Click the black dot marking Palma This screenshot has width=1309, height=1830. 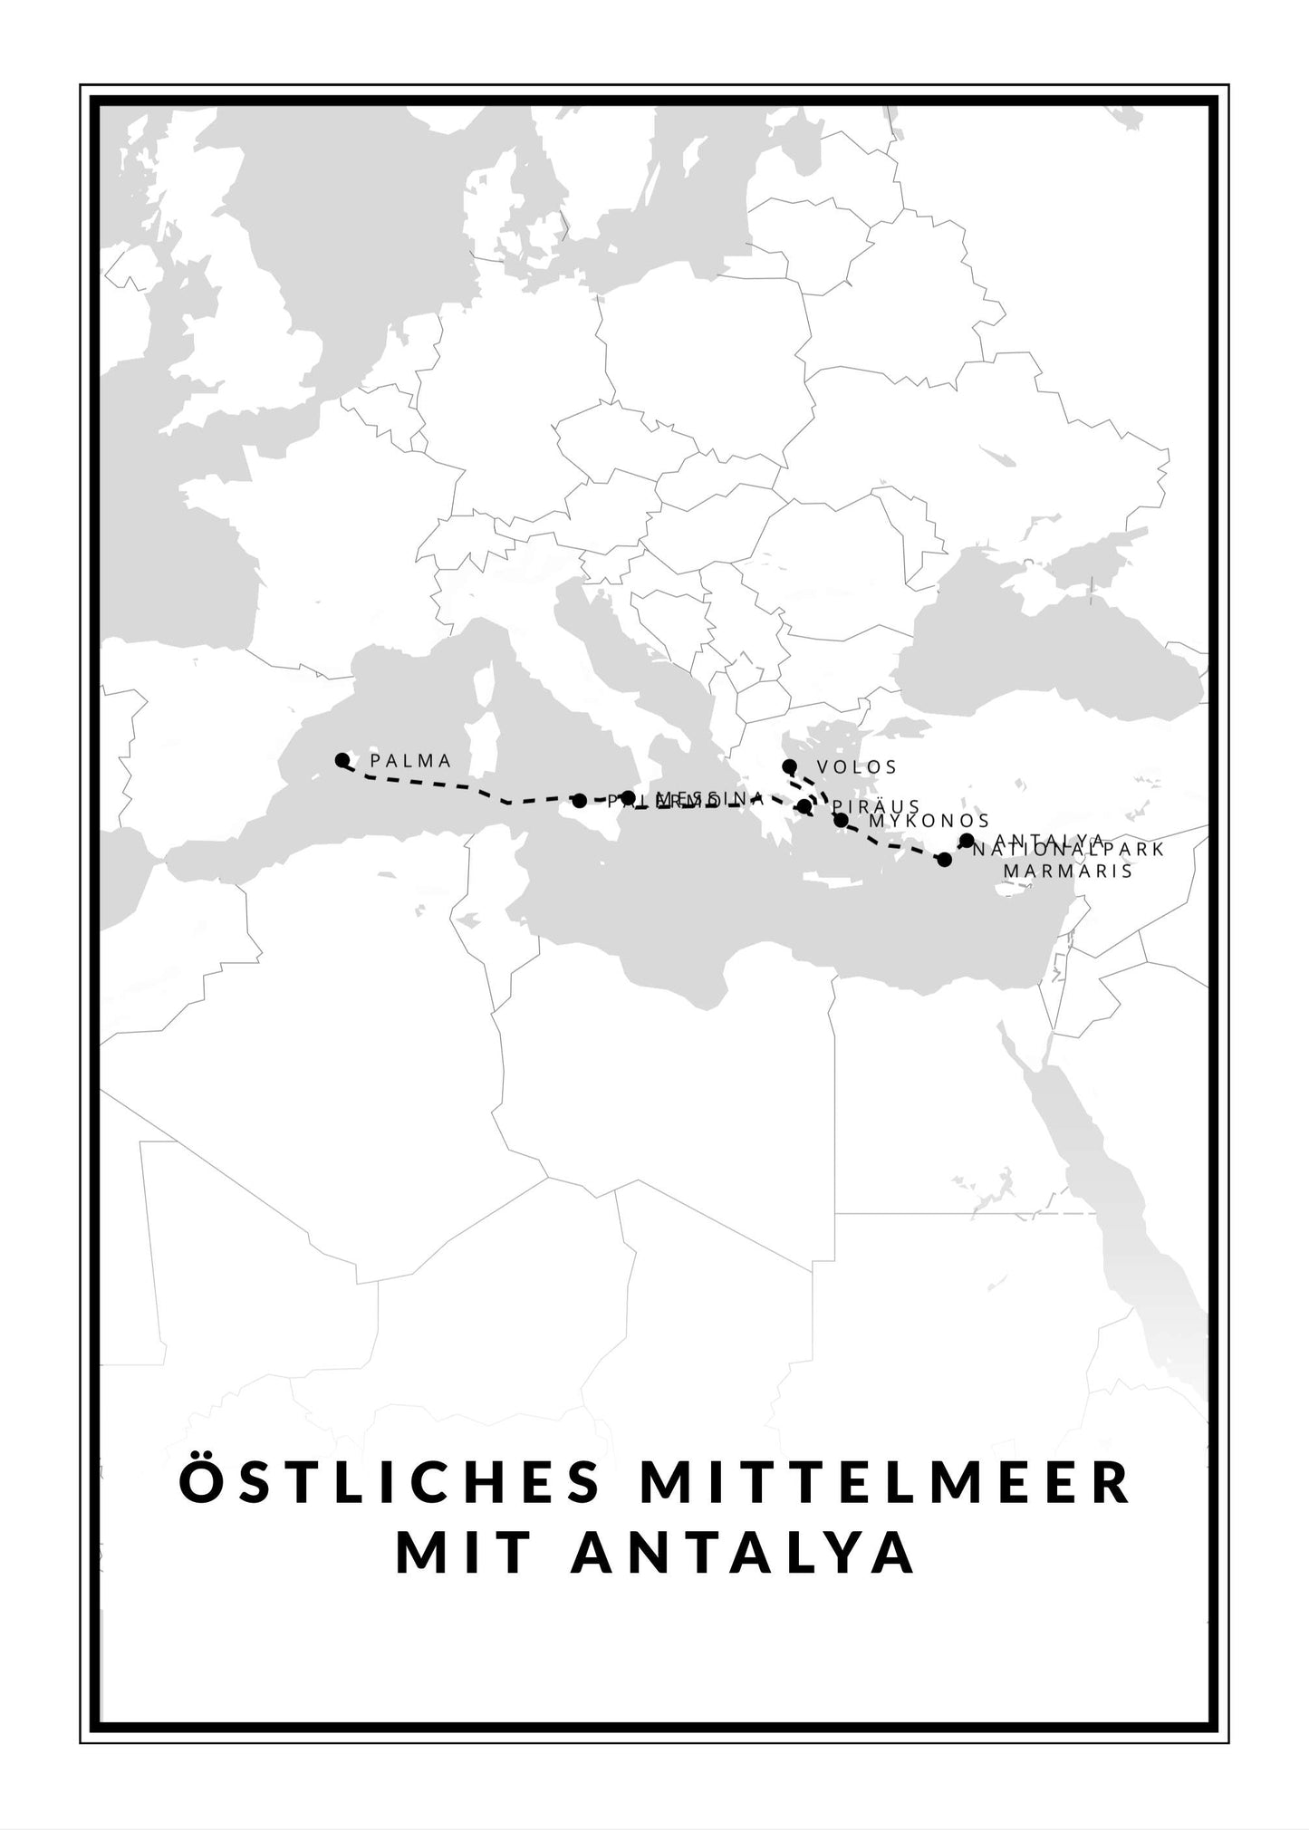coord(342,759)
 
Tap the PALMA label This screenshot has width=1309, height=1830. coord(411,761)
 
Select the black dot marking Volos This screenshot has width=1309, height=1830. coord(789,766)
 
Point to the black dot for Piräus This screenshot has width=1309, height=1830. coord(804,806)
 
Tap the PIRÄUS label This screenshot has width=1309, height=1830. coord(876,806)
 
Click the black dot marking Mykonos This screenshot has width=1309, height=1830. coord(841,821)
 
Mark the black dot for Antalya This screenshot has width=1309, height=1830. coord(967,841)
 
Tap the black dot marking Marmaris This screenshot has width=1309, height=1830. coord(944,859)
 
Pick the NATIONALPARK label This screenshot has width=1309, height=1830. coord(1069,850)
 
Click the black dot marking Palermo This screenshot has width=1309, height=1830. coord(579,800)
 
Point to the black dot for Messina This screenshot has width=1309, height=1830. coord(628,797)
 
